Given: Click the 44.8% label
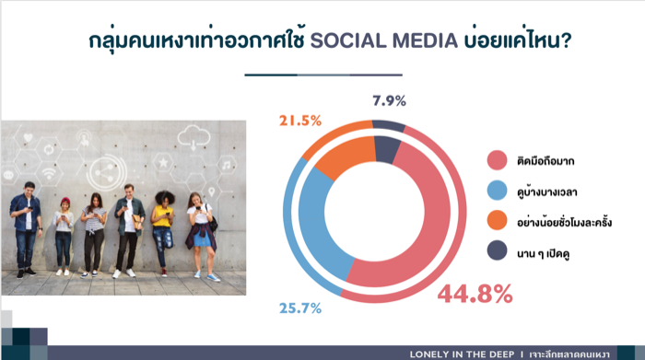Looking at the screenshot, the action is coord(475,294).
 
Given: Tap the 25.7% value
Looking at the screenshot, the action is coord(300,308).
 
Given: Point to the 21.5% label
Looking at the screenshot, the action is coord(300,121).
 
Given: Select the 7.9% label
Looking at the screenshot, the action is coord(389,100).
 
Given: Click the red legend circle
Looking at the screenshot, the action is coord(497,160).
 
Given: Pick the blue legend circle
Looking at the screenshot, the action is coord(497,191).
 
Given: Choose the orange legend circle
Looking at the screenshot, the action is coord(497,221).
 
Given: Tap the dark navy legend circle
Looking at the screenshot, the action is coord(497,250).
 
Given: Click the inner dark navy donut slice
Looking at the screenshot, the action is coord(387,149).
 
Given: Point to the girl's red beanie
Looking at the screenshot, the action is coord(65,202).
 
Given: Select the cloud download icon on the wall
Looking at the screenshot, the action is coord(193,137).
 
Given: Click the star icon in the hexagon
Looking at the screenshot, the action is coord(163,163).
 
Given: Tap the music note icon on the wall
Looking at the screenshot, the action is coord(227,165).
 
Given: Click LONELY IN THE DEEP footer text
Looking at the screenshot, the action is coord(462,354).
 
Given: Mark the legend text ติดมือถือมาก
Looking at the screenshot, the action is coord(545,161).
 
